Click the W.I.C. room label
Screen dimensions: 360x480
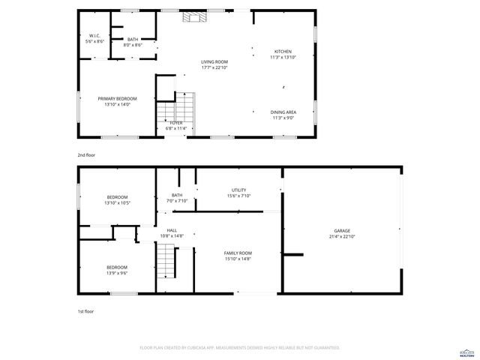click(94, 38)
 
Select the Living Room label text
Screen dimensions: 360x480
click(214, 64)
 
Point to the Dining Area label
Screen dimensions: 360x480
click(283, 115)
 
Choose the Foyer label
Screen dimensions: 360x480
click(175, 125)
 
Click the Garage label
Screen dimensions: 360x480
click(342, 233)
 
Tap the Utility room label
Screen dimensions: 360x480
click(239, 193)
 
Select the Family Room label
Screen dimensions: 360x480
click(238, 256)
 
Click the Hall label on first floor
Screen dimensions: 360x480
click(172, 233)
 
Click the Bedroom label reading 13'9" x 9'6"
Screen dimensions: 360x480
click(116, 270)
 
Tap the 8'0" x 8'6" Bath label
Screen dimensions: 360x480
click(133, 42)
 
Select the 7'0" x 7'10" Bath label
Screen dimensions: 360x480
click(176, 198)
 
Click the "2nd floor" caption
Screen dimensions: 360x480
click(86, 154)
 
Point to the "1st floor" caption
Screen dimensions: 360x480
click(85, 310)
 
